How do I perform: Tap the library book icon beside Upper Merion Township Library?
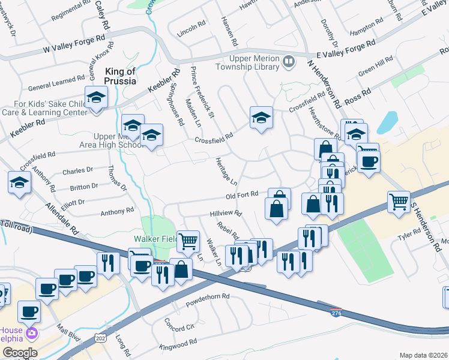tap(289, 61)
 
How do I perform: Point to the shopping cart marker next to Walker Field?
tap(188, 241)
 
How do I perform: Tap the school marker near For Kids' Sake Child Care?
tap(95, 97)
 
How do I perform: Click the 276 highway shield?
tap(337, 313)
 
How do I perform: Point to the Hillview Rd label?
tap(225, 213)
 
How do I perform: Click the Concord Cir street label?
tap(179, 324)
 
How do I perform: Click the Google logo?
tap(19, 353)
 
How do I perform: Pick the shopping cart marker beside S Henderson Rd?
tap(399, 202)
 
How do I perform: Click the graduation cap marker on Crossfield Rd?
tap(262, 118)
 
